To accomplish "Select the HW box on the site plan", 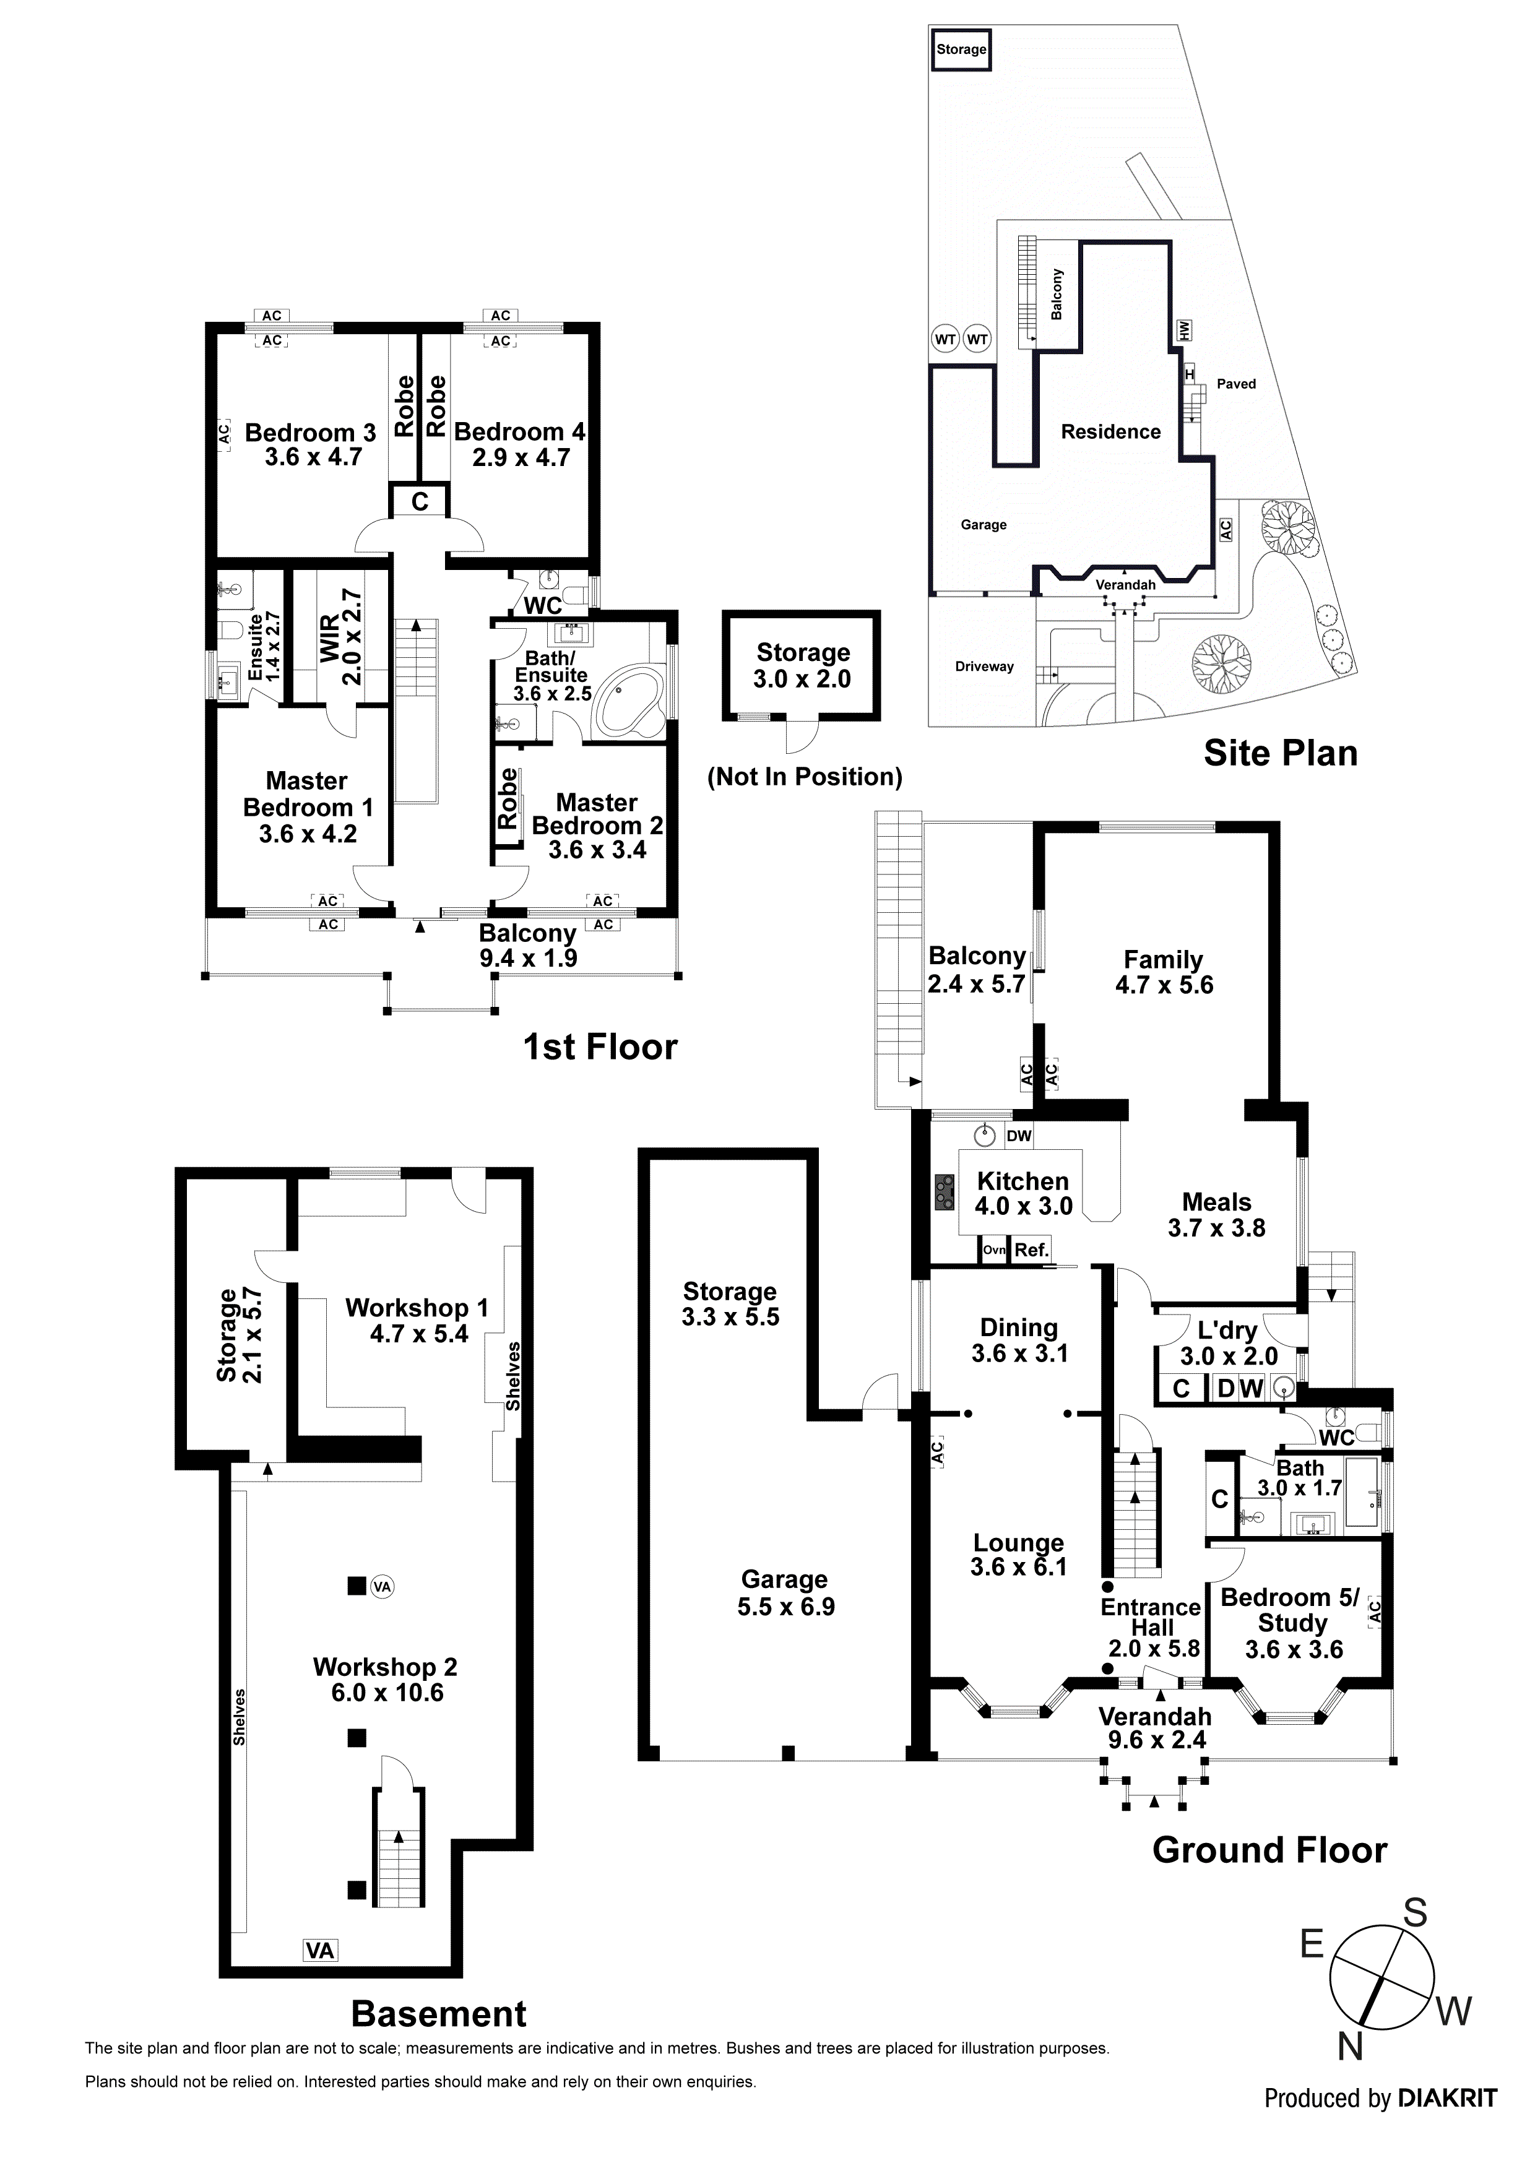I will point(1184,330).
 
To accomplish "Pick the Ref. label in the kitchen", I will point(1031,1250).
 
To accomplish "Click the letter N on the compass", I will point(1350,2047).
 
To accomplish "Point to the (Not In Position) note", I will point(805,777).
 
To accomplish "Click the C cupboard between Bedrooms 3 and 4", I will point(420,502).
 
